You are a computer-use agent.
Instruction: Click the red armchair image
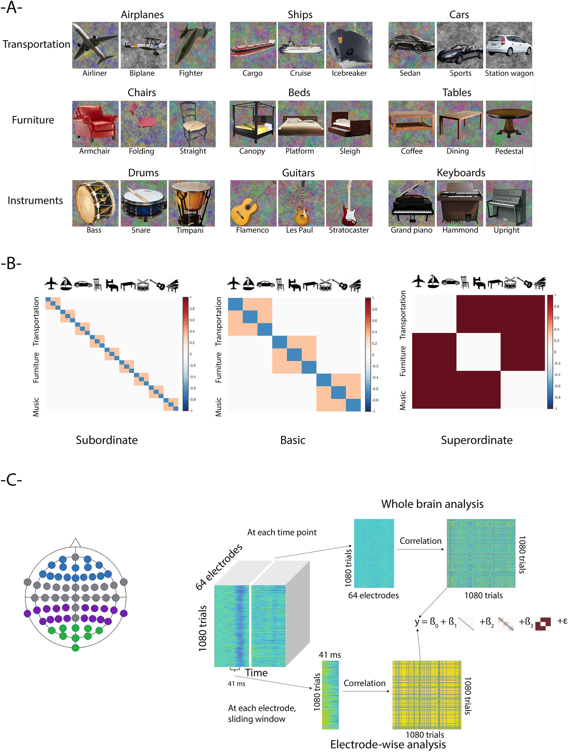[95, 124]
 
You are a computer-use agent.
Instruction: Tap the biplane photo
[144, 45]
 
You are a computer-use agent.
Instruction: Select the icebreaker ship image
[349, 45]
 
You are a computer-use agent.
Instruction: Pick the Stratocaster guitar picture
[349, 203]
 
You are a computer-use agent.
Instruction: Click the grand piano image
[412, 203]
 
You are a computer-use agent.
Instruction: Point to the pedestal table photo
[509, 124]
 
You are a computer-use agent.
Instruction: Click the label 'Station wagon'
[509, 73]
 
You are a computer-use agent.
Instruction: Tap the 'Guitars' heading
[298, 173]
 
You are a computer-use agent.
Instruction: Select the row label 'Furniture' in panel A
[33, 120]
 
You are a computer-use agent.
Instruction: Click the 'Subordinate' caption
[107, 440]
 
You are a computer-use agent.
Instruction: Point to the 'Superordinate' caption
[477, 440]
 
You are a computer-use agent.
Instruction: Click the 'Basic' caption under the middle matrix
[293, 440]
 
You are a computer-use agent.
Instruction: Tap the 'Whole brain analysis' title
[432, 504]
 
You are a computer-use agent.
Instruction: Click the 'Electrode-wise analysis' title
[388, 745]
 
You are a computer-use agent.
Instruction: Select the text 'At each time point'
[282, 532]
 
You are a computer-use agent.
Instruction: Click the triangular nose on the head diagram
[76, 543]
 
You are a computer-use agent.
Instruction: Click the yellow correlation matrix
[426, 695]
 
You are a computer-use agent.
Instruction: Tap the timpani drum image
[192, 203]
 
